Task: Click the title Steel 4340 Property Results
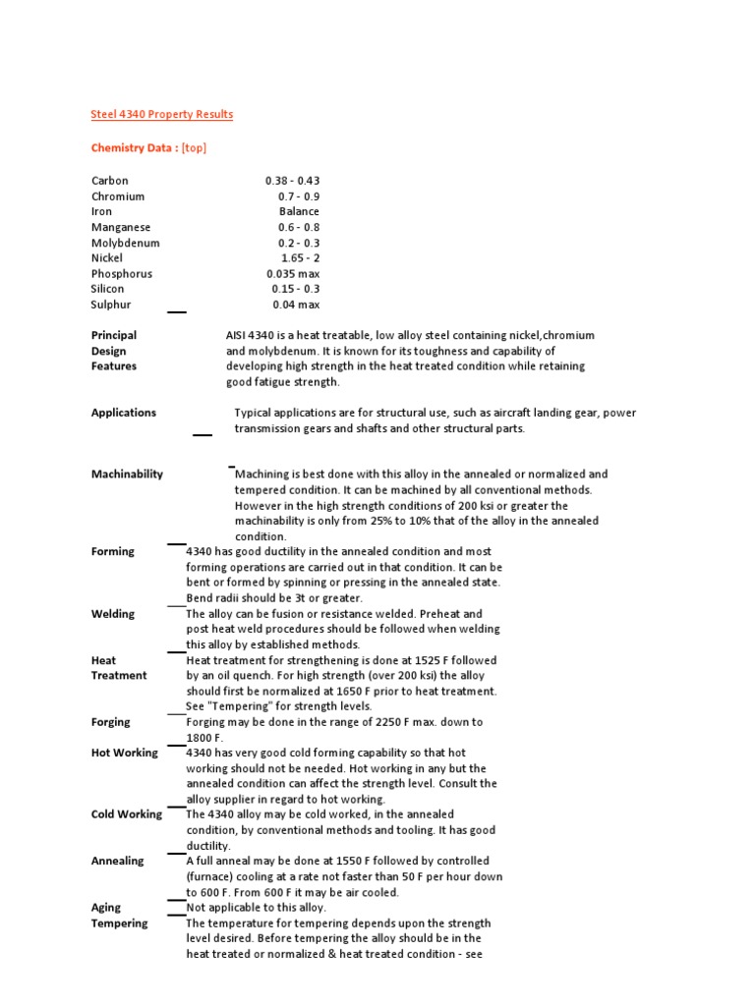(x=162, y=114)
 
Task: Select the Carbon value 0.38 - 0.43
(x=292, y=181)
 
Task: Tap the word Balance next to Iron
(x=299, y=211)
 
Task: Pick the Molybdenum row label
(x=125, y=243)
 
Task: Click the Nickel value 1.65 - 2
(x=300, y=258)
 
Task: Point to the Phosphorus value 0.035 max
(x=293, y=274)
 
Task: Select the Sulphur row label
(x=111, y=305)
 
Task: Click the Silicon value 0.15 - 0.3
(x=296, y=289)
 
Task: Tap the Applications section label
(x=124, y=413)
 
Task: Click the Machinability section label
(x=127, y=474)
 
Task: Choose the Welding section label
(x=113, y=614)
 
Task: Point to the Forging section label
(x=111, y=722)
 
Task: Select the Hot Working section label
(x=124, y=753)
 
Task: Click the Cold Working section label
(x=127, y=814)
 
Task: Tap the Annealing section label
(x=117, y=861)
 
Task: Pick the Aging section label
(x=106, y=908)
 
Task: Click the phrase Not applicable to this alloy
(x=256, y=908)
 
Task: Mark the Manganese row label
(x=122, y=227)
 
